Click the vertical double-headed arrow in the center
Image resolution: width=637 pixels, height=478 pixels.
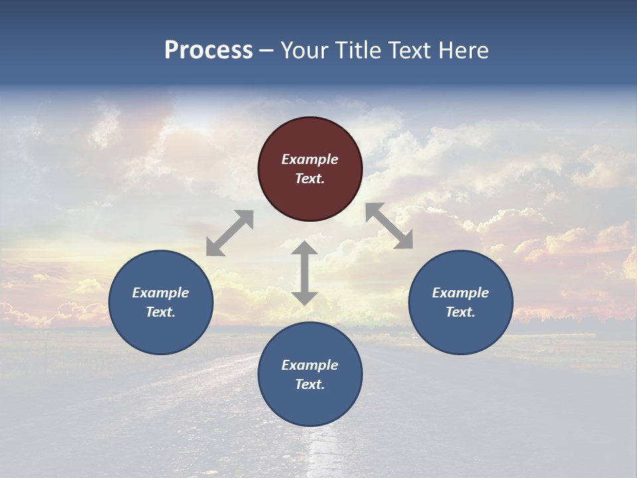point(305,273)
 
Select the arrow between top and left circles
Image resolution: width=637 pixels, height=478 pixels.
point(230,233)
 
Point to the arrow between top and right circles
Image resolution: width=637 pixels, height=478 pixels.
point(389,226)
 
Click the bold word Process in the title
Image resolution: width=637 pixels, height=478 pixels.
point(208,50)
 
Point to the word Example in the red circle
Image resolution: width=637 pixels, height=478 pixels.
point(310,159)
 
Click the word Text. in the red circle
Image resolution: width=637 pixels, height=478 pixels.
point(310,179)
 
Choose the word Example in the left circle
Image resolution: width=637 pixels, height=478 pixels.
point(161,293)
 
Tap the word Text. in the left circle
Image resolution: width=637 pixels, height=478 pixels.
point(161,312)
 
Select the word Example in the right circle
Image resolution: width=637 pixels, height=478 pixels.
point(460,293)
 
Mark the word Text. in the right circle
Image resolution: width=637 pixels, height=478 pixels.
point(460,312)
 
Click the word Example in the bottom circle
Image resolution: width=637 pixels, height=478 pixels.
point(310,365)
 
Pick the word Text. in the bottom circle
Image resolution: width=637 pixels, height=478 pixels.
point(310,384)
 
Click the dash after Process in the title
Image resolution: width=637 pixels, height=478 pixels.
point(267,51)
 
